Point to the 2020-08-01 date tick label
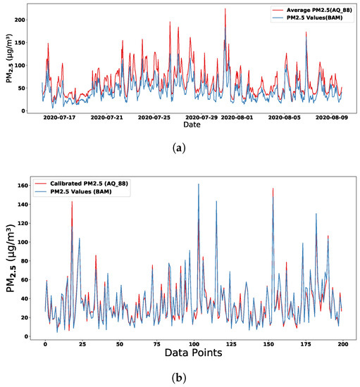tap(237, 118)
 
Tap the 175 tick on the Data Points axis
tap(282, 344)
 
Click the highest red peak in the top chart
tap(225, 9)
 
